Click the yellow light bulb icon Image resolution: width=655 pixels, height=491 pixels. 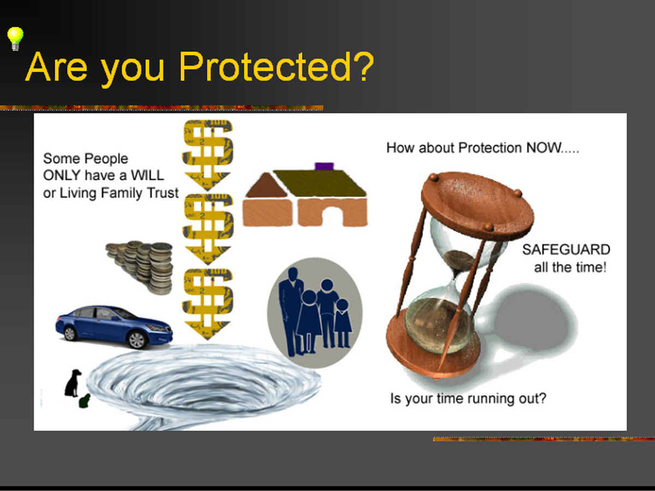pos(15,39)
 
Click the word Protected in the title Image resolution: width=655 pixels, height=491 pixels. pos(276,67)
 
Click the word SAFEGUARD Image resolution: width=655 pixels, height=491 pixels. pos(566,249)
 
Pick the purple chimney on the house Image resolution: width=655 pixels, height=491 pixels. pos(324,166)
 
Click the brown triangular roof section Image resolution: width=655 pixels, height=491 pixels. pos(266,185)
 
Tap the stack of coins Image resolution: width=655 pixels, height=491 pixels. pos(140,267)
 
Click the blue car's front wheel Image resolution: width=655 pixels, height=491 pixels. pos(136,340)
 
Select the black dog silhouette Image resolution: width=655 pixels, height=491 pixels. pos(73,383)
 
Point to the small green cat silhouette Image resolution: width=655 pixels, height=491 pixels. pos(85,401)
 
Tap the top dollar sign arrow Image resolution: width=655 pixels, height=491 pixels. pos(208,155)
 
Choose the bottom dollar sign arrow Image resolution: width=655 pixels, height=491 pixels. pos(208,304)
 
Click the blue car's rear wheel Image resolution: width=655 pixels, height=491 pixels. pos(69,333)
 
